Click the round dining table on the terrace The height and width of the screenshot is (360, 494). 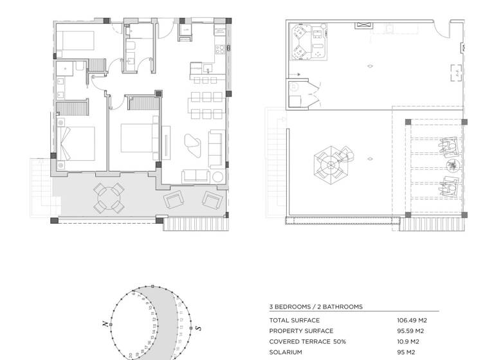(109, 198)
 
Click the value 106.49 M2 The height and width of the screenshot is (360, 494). (412, 320)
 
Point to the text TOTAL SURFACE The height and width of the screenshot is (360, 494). (294, 320)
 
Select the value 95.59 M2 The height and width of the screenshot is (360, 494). (412, 331)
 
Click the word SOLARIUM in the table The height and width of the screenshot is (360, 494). (286, 352)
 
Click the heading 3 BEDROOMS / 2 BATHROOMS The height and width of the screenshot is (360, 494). (315, 307)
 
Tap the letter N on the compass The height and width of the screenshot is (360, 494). (104, 325)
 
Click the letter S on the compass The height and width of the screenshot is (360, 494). (199, 328)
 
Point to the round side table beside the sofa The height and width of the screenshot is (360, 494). (217, 176)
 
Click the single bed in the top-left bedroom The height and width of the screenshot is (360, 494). (76, 42)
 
